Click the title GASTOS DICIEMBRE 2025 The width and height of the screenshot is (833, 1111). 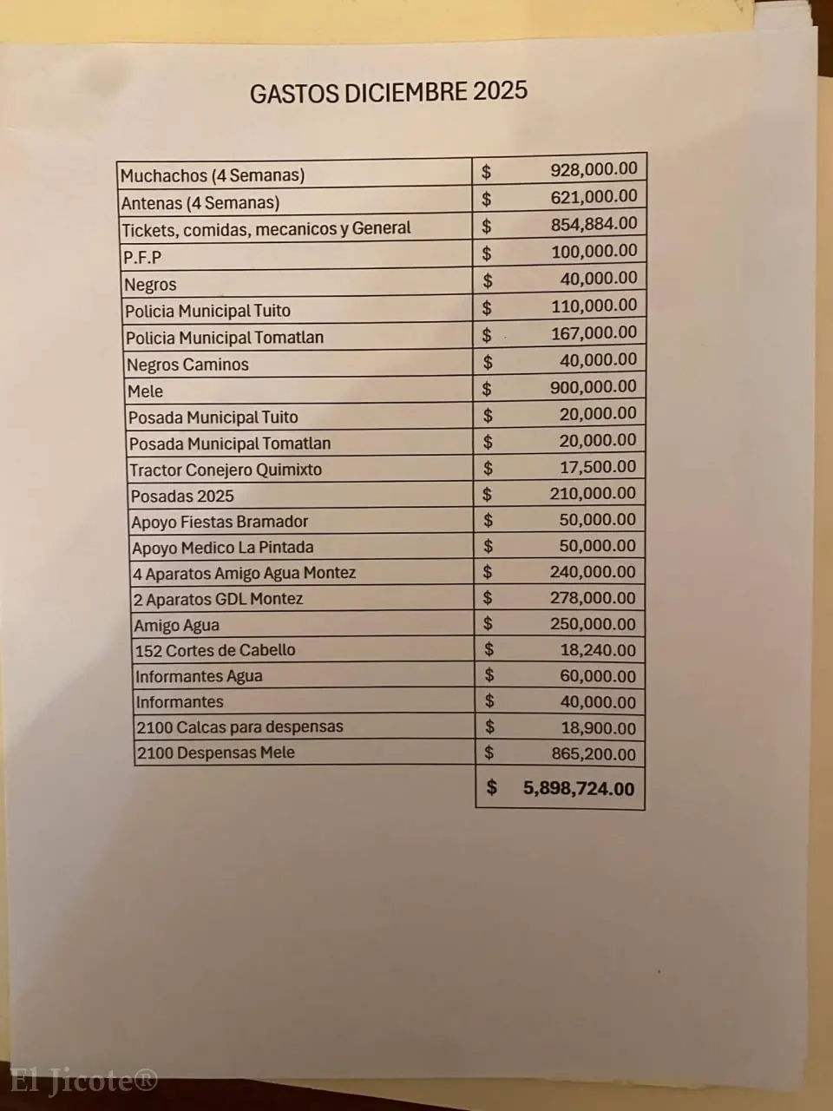click(388, 92)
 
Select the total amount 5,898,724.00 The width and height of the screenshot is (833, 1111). click(579, 788)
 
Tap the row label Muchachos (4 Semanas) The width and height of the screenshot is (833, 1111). click(213, 175)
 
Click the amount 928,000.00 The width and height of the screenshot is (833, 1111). click(594, 169)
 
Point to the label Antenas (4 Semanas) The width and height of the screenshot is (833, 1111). click(200, 203)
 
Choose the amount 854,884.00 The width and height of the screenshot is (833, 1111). click(594, 224)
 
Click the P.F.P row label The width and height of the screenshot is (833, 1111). click(142, 257)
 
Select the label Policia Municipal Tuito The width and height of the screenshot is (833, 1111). click(207, 311)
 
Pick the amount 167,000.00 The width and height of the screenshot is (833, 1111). click(594, 332)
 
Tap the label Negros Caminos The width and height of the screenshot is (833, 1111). click(187, 365)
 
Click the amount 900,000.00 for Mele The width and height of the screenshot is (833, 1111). click(594, 386)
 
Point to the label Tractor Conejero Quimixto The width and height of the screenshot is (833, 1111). click(226, 470)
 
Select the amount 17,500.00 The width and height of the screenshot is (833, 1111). click(598, 466)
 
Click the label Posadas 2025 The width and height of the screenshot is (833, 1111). click(182, 496)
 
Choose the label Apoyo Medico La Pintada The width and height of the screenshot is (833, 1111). click(223, 548)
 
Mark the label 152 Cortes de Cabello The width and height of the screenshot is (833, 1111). click(215, 650)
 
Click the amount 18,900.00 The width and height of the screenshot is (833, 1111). click(598, 728)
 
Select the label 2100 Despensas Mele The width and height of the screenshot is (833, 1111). click(216, 753)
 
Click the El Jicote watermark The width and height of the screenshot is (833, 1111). click(83, 1081)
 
